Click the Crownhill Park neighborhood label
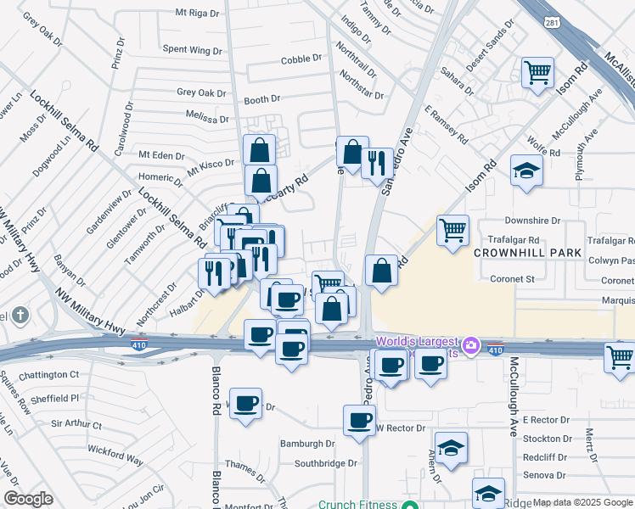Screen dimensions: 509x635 [527, 253]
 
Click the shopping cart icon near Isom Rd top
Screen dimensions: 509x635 [537, 74]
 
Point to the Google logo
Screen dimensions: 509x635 [28, 499]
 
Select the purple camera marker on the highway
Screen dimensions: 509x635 [472, 346]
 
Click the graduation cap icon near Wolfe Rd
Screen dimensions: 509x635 [526, 171]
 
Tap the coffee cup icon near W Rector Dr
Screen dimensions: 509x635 [359, 419]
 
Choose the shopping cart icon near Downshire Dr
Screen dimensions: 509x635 [453, 229]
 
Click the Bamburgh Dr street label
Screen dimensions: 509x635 [308, 444]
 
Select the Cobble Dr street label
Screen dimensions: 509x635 [302, 60]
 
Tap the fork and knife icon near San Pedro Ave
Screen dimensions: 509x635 [377, 162]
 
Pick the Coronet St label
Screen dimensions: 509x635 [512, 278]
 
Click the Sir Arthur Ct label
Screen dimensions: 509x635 [76, 423]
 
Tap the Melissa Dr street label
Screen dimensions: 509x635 [208, 113]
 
